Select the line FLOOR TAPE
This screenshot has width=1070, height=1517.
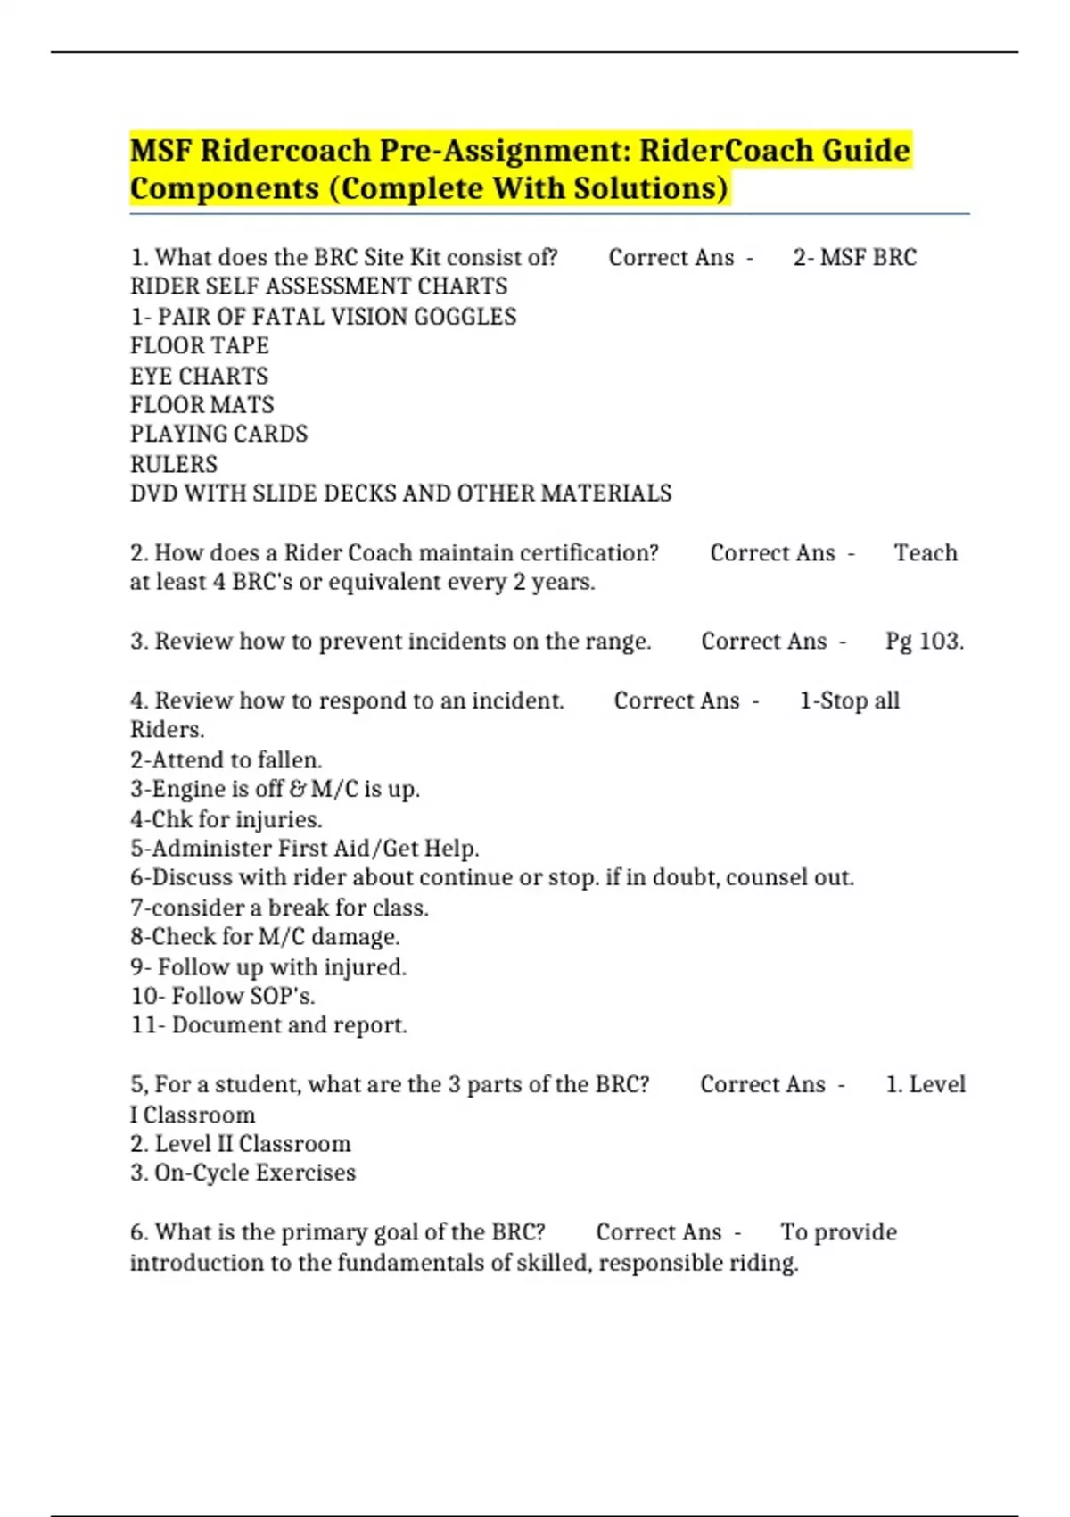[x=199, y=345]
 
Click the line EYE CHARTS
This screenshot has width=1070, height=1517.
[x=199, y=376]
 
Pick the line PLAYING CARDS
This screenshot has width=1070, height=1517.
[x=218, y=434]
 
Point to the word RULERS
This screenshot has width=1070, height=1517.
[x=174, y=464]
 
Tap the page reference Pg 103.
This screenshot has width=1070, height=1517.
[x=924, y=642]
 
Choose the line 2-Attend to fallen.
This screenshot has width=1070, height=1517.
[x=226, y=760]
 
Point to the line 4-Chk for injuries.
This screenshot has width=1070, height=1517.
[x=226, y=819]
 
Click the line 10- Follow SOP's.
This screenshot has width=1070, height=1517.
[x=223, y=996]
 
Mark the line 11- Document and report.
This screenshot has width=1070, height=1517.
[x=268, y=1025]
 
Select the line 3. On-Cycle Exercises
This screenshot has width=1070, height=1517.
[x=243, y=1173]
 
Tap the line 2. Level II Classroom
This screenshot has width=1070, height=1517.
[x=240, y=1144]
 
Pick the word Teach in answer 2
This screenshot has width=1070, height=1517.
[x=926, y=553]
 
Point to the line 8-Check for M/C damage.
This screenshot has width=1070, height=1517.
[x=265, y=937]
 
